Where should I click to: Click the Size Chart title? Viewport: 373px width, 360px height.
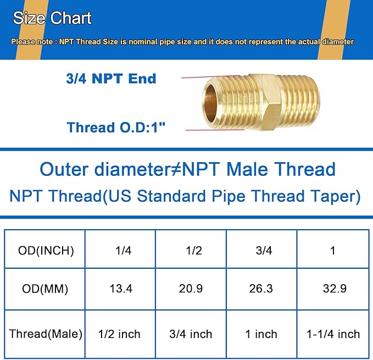[52, 18]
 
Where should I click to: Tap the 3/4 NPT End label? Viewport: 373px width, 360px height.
[111, 79]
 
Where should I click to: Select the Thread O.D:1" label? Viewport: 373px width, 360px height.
[115, 128]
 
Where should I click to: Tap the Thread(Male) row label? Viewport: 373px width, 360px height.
[46, 334]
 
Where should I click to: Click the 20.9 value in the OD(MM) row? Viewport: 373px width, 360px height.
[191, 289]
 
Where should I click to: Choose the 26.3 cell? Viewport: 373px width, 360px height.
[261, 289]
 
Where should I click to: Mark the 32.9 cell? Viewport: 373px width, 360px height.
[333, 289]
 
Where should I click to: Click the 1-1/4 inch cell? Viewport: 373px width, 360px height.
[333, 334]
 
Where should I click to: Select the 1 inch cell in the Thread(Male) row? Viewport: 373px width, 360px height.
[261, 334]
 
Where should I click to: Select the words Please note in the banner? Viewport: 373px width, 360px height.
[30, 42]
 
